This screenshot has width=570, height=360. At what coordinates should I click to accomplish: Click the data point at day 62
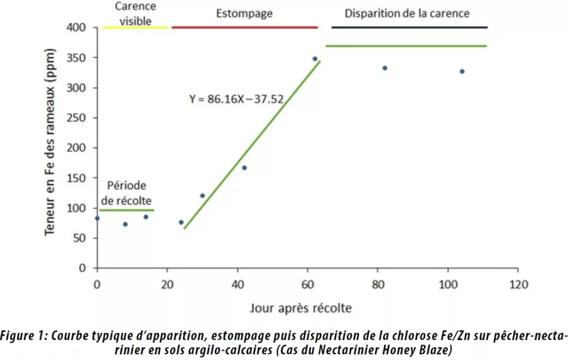(315, 58)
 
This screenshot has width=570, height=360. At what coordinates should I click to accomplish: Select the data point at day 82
(385, 68)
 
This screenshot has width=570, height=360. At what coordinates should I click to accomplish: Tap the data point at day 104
(462, 71)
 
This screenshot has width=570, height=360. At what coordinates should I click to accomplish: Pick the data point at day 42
(244, 167)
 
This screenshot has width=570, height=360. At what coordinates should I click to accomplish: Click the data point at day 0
(97, 218)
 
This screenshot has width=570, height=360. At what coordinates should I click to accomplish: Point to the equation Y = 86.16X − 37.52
(237, 100)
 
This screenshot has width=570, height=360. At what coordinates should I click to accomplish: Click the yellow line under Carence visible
(136, 27)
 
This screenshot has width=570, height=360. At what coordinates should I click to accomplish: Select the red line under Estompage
(244, 27)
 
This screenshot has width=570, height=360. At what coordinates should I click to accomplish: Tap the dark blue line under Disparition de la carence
(409, 27)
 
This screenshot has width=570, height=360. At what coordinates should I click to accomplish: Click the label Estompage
(244, 13)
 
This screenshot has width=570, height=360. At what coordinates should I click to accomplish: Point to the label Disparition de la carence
(407, 13)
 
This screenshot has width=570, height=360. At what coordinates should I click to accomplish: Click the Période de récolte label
(127, 193)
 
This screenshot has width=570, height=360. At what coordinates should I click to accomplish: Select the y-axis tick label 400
(77, 27)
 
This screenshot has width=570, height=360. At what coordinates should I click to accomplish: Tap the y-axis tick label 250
(77, 118)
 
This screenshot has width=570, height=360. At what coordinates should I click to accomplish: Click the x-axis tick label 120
(518, 284)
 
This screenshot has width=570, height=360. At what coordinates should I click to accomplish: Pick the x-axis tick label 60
(308, 284)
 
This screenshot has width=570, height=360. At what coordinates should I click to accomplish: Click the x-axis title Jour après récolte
(301, 307)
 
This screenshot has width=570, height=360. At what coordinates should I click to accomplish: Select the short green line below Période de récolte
(127, 210)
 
